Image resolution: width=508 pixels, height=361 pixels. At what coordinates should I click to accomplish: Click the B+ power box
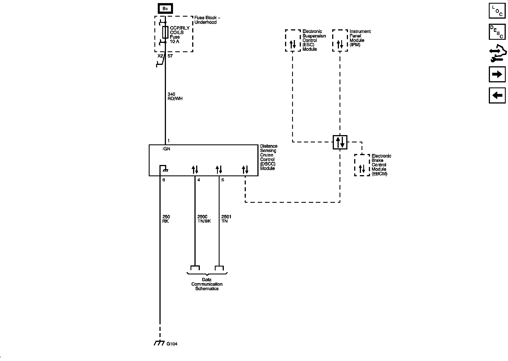point(165,9)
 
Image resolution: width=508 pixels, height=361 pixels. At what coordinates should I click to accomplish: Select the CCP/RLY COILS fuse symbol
point(165,32)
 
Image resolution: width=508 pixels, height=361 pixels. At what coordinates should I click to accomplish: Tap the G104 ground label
point(172,344)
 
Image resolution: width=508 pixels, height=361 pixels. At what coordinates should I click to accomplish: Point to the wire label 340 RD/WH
point(175,96)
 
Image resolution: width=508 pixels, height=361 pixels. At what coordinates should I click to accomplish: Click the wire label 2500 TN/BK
point(204,219)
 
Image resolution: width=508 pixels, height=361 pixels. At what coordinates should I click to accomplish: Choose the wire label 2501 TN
point(226,219)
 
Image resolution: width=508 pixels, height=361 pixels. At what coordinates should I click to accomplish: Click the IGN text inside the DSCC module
point(167,149)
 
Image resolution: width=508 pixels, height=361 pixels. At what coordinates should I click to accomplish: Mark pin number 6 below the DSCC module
point(164,180)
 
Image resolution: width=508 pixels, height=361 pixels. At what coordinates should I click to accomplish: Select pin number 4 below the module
point(199,180)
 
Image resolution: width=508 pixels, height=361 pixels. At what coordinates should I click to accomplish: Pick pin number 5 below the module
point(223,180)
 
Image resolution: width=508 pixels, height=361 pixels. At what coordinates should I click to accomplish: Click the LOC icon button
point(497,11)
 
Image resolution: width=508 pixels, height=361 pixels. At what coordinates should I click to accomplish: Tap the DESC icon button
point(497,32)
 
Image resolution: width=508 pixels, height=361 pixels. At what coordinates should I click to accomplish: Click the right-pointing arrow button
point(497,74)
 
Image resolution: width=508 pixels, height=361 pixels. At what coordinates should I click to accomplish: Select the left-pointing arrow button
point(497,95)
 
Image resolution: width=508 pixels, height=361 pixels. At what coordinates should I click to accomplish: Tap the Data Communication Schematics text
point(207,284)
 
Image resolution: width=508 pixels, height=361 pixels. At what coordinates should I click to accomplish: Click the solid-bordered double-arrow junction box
point(340,142)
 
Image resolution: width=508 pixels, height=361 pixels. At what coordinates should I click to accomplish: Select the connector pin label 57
point(170,56)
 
